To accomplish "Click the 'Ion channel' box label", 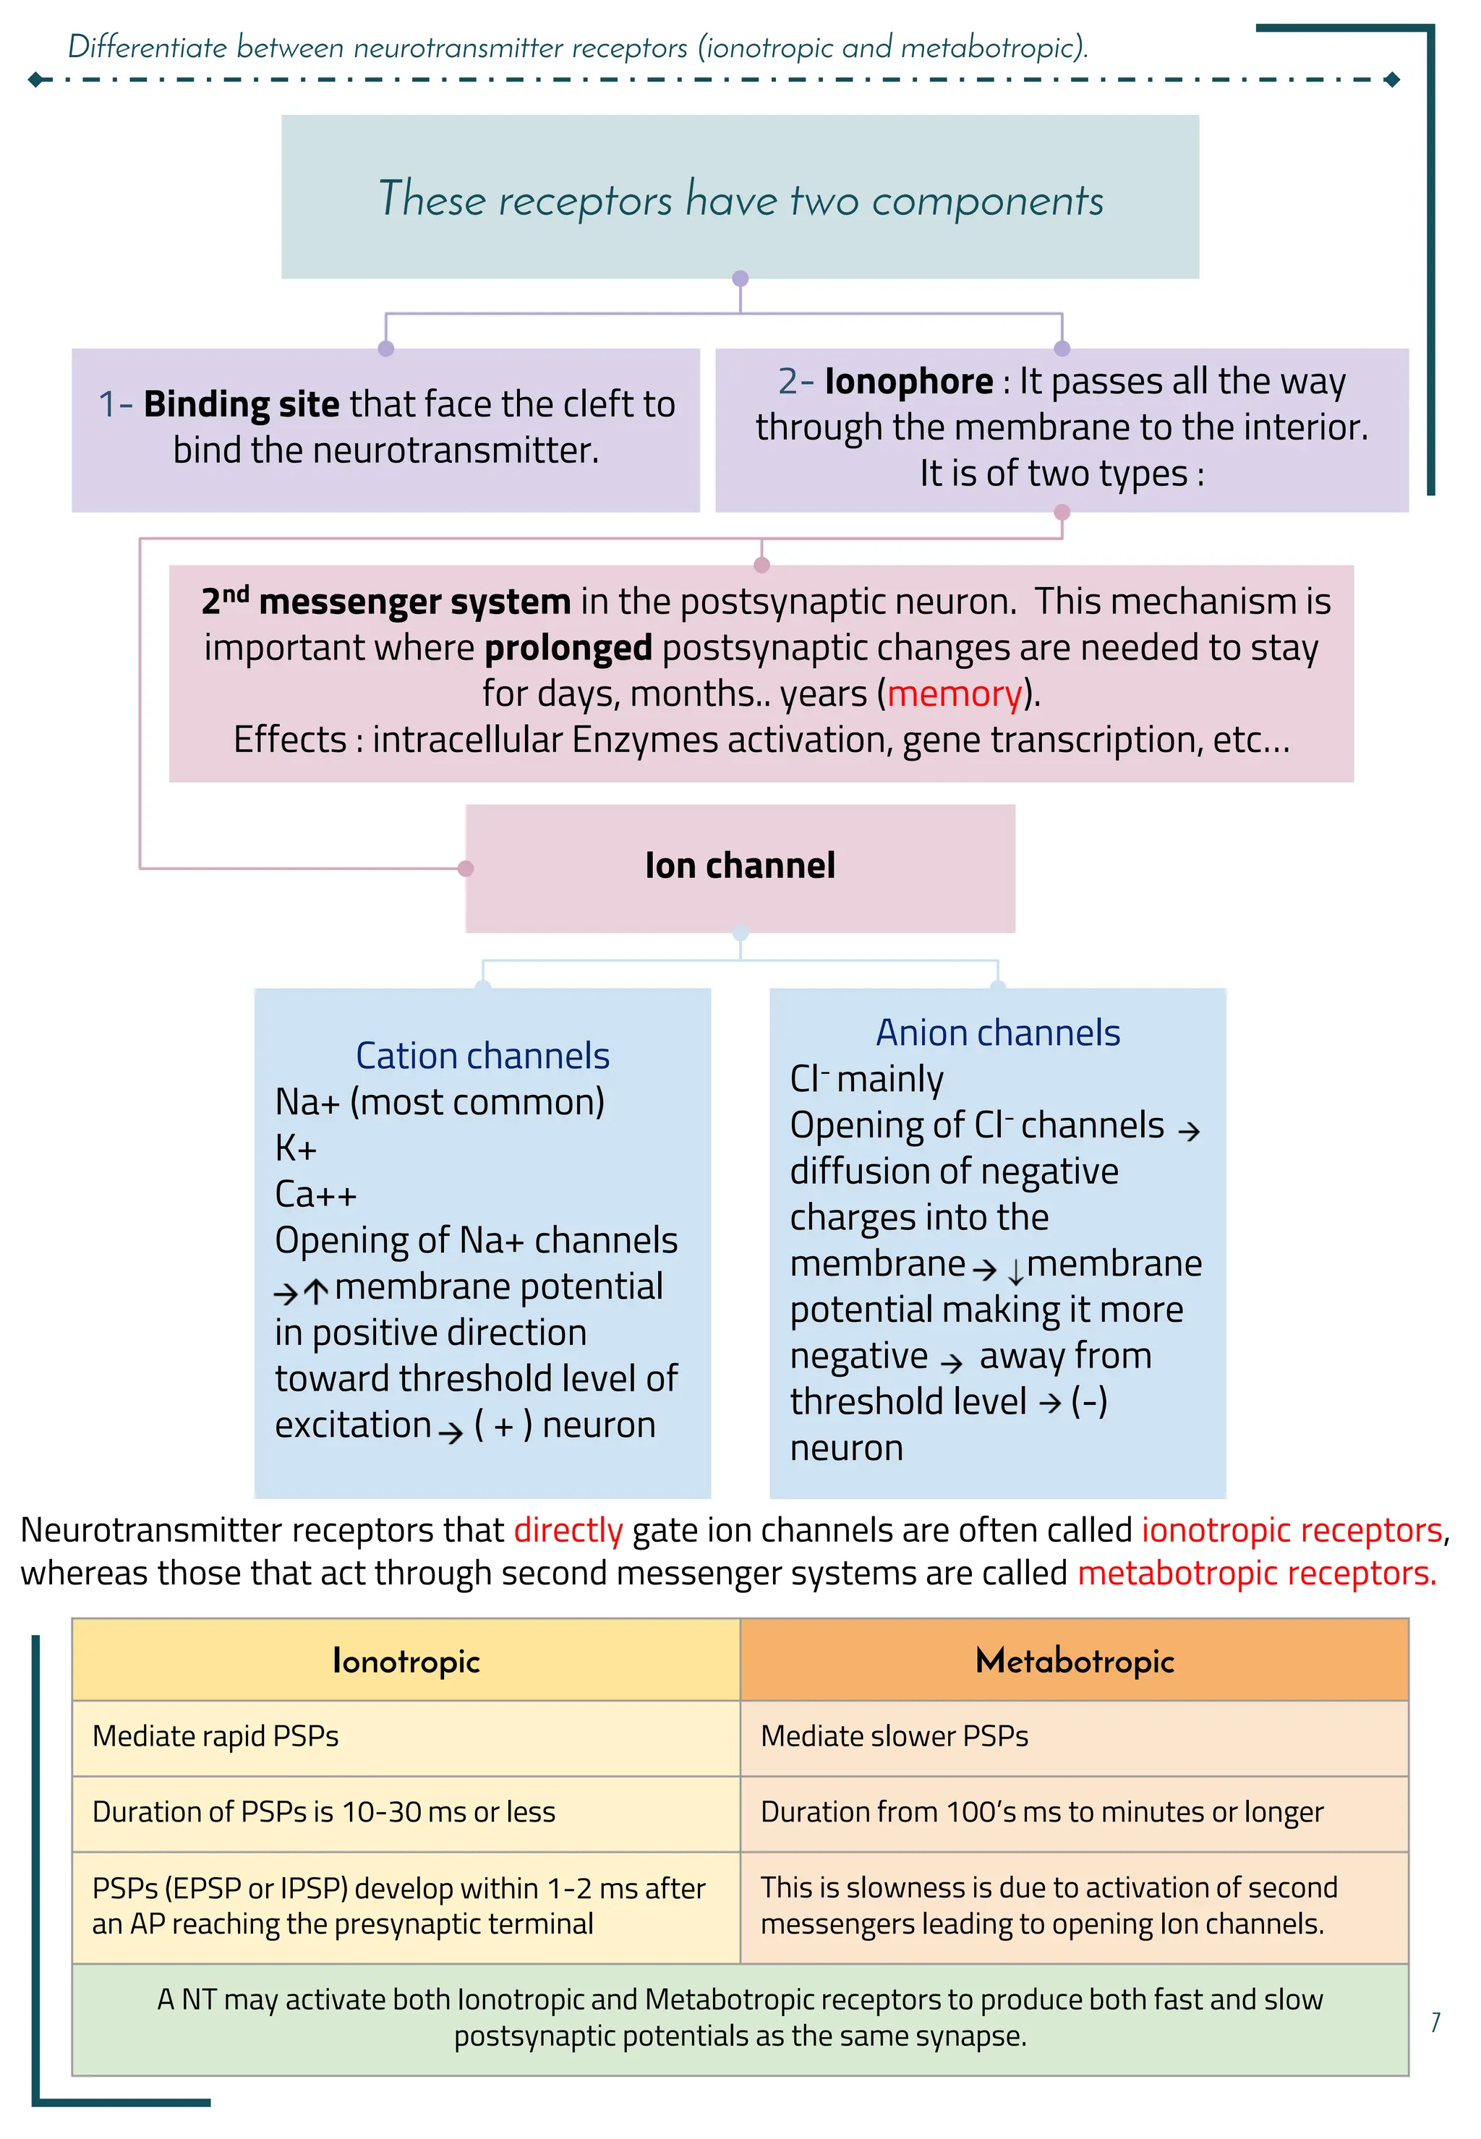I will (740, 866).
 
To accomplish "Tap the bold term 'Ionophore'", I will (908, 381).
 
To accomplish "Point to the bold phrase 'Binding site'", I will (242, 405).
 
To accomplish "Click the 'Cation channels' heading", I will (482, 1056).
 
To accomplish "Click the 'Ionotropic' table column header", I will (406, 1661).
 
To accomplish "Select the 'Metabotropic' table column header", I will (1074, 1661).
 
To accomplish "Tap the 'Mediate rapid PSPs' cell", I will (215, 1736).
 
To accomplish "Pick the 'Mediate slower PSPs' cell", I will (894, 1736).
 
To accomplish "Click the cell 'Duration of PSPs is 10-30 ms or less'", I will (323, 1812).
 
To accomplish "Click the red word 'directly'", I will (568, 1530).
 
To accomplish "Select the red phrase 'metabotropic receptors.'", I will (1256, 1574).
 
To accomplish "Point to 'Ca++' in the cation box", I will (315, 1195).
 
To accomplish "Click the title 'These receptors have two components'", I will (740, 199).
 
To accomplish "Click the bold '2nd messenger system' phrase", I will (385, 602).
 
